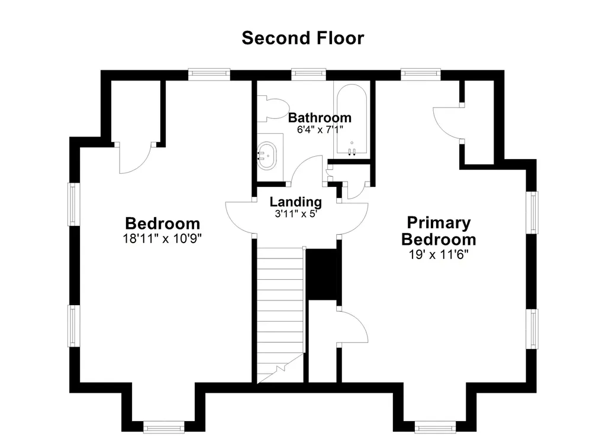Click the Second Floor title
(x=302, y=38)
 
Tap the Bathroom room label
(x=320, y=118)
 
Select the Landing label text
(x=296, y=201)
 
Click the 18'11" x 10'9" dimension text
(x=162, y=238)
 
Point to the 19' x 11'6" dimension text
(x=439, y=254)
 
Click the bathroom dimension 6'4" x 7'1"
(x=320, y=130)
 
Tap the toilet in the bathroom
(x=273, y=109)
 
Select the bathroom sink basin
(x=267, y=156)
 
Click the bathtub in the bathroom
(x=352, y=119)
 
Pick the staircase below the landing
(x=280, y=315)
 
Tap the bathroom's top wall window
(x=308, y=73)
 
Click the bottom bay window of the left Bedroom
(x=164, y=428)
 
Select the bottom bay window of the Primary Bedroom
(x=436, y=428)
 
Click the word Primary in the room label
(x=439, y=222)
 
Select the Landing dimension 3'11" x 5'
(x=296, y=213)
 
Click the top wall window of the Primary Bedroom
(x=421, y=73)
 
